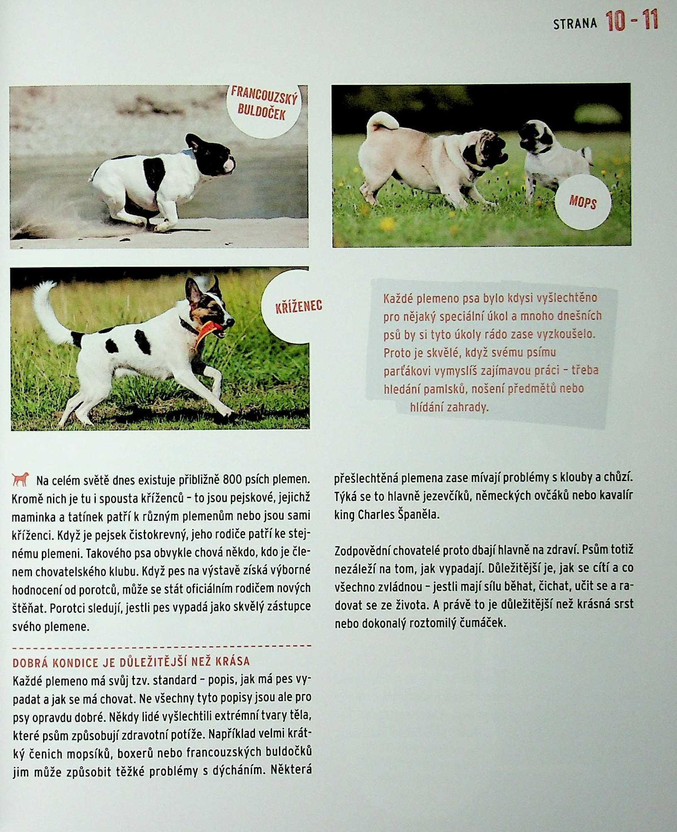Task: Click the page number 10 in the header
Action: tap(616, 22)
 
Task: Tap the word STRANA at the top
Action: tap(575, 24)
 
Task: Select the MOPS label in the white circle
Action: tap(582, 203)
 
